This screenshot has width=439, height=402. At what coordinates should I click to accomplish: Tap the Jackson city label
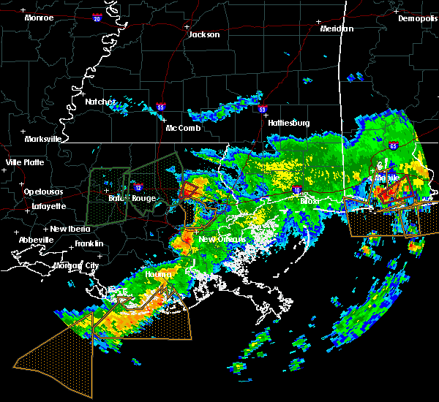203,34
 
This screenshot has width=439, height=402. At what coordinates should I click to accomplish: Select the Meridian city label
337,29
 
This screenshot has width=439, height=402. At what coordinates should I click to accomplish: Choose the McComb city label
184,128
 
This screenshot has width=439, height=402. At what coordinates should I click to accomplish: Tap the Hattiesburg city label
290,122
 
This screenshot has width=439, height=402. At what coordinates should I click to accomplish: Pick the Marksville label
42,138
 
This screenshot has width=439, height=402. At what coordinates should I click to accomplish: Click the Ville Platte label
24,162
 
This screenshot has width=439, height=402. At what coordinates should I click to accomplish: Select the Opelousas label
44,191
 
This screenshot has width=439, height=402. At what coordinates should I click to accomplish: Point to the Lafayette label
48,206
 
